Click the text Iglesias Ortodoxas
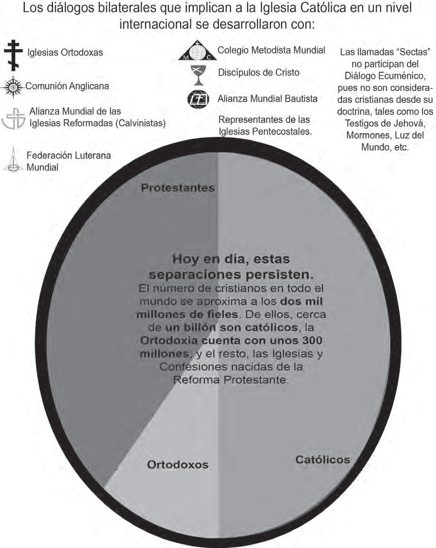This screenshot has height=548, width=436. pyautogui.click(x=64, y=53)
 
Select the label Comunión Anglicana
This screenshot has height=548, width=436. pyautogui.click(x=67, y=86)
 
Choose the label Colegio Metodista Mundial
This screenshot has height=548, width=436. pyautogui.click(x=271, y=50)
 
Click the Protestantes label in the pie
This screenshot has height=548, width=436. pyautogui.click(x=178, y=188)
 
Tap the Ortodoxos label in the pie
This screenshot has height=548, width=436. pyautogui.click(x=178, y=464)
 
